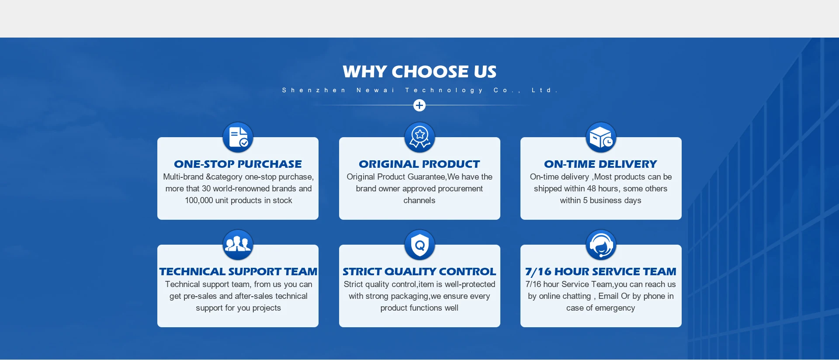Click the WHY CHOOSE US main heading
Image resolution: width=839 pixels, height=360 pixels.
419,72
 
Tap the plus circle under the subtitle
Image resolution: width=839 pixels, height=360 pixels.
419,105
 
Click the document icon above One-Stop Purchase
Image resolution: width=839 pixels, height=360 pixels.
238,137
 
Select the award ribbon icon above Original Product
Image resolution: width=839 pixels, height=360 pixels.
419,137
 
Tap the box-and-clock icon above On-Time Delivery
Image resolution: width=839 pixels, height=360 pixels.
601,137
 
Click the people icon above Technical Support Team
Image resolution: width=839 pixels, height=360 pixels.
238,245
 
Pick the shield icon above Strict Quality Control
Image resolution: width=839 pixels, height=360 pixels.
419,245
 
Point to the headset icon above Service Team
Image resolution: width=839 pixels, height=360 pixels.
601,245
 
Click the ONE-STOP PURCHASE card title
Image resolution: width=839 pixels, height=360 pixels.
238,164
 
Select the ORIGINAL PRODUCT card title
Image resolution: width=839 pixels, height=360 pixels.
419,164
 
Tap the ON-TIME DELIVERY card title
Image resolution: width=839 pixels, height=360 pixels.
601,164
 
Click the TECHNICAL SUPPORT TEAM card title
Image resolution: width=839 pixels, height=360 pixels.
238,271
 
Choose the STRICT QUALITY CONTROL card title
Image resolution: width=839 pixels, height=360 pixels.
419,271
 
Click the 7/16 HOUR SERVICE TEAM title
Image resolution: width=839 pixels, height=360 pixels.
601,272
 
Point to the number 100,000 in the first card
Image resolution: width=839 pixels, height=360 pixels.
199,201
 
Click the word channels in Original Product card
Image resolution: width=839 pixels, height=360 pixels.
419,201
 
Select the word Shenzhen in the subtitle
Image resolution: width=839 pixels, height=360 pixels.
314,90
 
